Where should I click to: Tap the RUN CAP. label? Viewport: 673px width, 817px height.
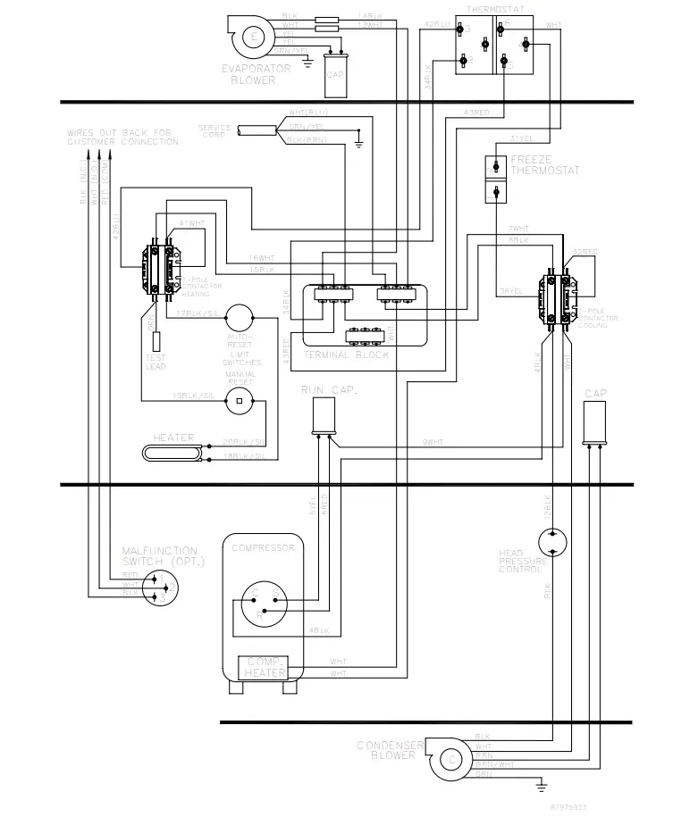click(324, 390)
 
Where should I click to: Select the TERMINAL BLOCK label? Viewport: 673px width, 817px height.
click(346, 354)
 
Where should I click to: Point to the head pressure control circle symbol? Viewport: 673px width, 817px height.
click(553, 542)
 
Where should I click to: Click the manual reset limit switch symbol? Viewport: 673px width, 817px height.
click(239, 401)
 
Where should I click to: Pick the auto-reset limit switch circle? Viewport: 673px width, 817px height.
click(239, 316)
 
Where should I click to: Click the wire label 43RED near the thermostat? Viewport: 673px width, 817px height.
click(477, 113)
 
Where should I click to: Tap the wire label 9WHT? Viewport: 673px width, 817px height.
click(433, 442)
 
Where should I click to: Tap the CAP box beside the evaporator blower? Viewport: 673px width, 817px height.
click(334, 74)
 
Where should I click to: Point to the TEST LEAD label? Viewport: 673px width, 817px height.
click(156, 363)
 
